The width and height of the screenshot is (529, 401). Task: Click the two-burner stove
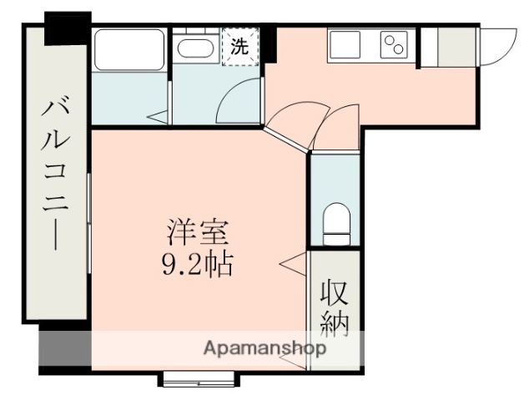coord(393,43)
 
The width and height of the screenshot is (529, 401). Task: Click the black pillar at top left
coord(68,28)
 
